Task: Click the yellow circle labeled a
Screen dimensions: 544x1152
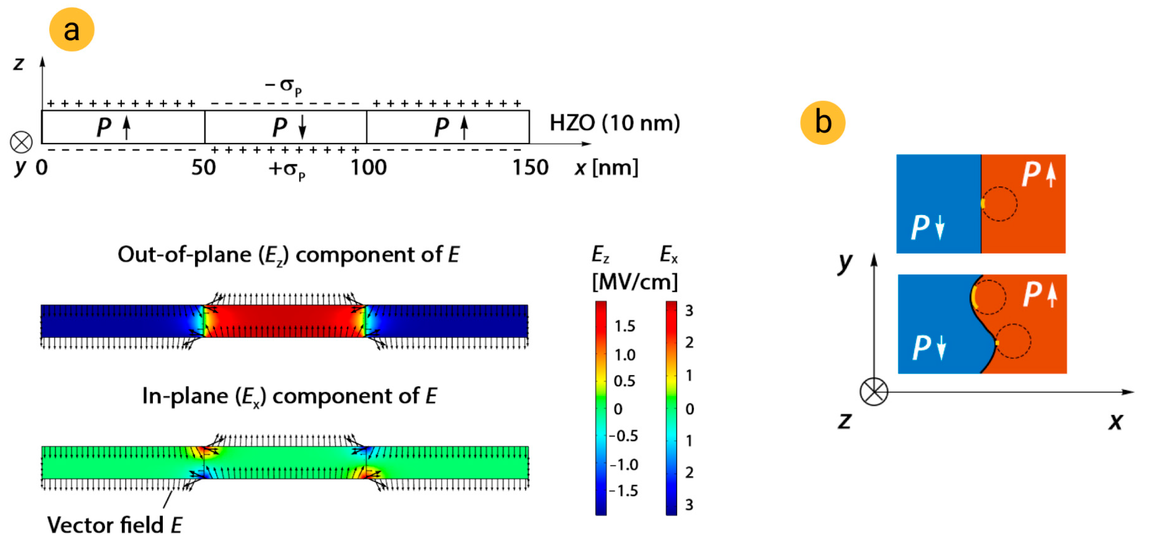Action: point(71,30)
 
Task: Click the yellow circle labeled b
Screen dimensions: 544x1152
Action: point(822,122)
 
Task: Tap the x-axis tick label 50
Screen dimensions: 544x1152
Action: point(204,167)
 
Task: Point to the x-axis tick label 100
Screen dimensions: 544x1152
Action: point(368,167)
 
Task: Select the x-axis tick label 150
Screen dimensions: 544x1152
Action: point(530,167)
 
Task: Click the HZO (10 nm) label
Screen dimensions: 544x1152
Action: point(614,123)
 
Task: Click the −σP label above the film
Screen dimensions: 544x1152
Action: point(283,86)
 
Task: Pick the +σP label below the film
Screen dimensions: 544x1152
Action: point(287,170)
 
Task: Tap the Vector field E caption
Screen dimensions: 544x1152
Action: point(114,525)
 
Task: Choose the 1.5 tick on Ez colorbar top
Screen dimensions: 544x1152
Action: point(624,326)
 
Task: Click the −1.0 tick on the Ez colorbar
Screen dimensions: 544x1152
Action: point(624,465)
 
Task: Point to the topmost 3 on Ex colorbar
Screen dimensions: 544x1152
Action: point(689,311)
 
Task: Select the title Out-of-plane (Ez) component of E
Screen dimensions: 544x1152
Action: point(288,255)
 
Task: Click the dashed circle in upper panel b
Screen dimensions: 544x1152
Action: point(999,204)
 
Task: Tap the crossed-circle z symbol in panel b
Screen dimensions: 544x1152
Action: point(874,391)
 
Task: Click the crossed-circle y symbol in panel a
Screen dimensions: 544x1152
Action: point(21,142)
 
